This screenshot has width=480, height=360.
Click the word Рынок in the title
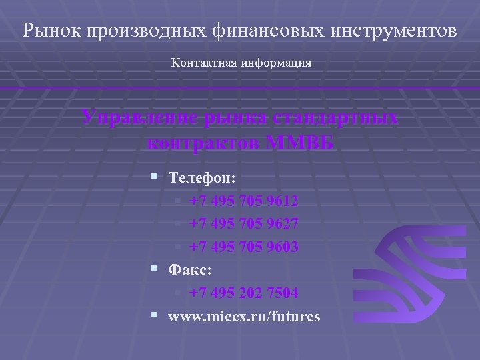(x=48, y=31)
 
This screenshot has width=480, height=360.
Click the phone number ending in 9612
(x=243, y=201)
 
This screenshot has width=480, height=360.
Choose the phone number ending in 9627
(x=243, y=224)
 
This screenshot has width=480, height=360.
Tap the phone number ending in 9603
(x=243, y=247)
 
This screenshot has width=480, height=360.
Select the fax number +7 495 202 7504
(x=243, y=293)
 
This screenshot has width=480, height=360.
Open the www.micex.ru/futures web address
(x=244, y=316)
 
